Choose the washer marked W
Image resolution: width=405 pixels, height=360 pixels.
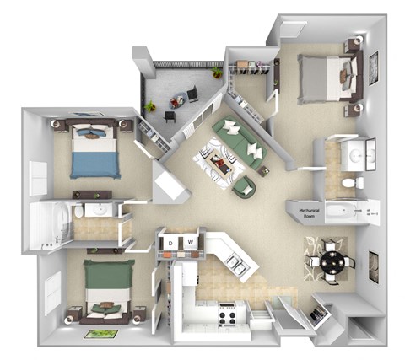pyautogui.click(x=191, y=243)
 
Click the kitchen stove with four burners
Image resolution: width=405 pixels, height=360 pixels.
pyautogui.click(x=227, y=318)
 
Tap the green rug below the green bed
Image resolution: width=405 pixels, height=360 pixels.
pyautogui.click(x=99, y=334)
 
